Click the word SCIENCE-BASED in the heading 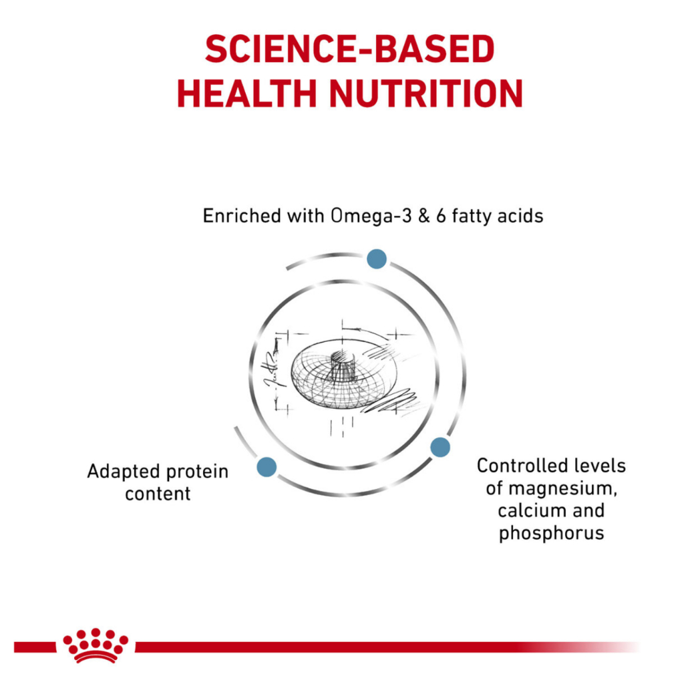tap(349, 49)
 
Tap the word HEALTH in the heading tap(246, 93)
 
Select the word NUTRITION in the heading tap(426, 93)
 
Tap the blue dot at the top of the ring tap(377, 259)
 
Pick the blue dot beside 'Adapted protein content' tap(267, 467)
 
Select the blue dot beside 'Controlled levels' tap(440, 447)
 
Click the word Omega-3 tap(371, 216)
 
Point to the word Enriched tap(242, 216)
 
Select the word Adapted tap(124, 472)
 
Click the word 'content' tap(158, 494)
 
